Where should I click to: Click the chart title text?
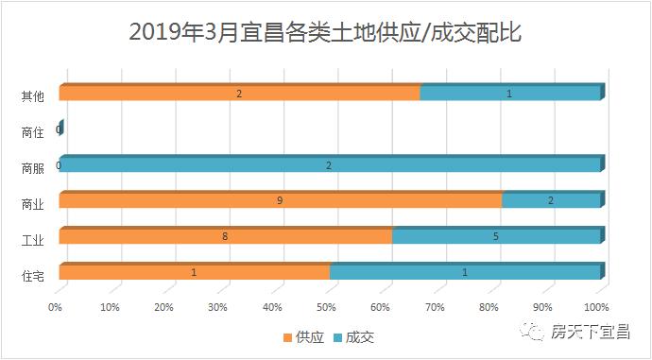(x=326, y=34)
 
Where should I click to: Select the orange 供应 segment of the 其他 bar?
(x=239, y=94)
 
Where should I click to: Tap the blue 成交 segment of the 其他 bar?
(x=510, y=94)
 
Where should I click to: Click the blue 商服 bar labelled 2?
(x=329, y=165)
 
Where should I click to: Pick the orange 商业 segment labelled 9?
(x=280, y=200)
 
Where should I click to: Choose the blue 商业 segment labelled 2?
(x=551, y=200)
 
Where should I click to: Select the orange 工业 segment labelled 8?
(x=225, y=236)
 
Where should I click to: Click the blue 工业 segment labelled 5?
(x=496, y=236)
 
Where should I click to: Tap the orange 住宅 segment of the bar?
(x=194, y=273)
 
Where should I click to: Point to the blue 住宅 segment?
(x=465, y=273)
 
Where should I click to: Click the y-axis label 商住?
(x=32, y=132)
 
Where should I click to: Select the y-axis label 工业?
(x=32, y=240)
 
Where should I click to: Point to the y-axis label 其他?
(x=32, y=96)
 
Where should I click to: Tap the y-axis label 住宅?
(x=32, y=276)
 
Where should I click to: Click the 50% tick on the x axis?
(x=327, y=306)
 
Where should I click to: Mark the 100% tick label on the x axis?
(x=597, y=306)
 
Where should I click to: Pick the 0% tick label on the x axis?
(x=56, y=306)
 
